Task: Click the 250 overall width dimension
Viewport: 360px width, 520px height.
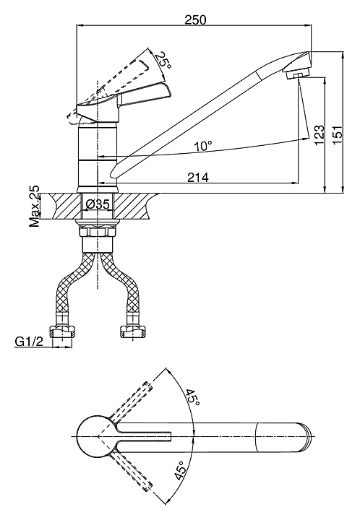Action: (x=195, y=19)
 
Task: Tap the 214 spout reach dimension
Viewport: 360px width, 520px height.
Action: (x=198, y=178)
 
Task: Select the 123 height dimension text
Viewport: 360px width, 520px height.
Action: (x=319, y=134)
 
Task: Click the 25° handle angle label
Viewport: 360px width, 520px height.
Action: (x=163, y=61)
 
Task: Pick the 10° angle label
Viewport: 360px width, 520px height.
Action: (x=202, y=146)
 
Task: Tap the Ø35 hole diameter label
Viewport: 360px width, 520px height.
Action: (x=97, y=204)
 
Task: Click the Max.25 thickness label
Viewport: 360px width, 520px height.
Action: (x=34, y=206)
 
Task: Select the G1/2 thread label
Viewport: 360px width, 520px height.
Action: (x=29, y=341)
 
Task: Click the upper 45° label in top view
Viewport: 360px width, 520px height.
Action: (x=192, y=397)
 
